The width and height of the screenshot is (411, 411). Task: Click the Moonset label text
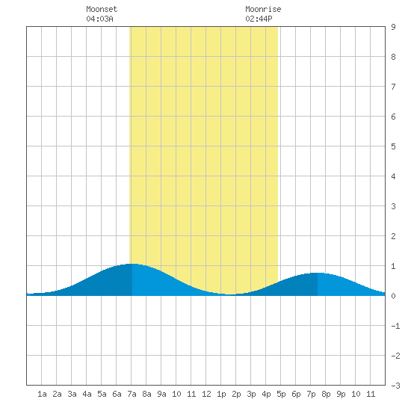tap(102, 9)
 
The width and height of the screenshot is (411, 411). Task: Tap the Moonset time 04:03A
tap(99, 19)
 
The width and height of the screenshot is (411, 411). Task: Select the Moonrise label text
tap(263, 9)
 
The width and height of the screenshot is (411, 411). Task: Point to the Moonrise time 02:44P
tap(259, 19)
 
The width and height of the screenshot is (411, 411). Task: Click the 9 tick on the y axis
tap(393, 27)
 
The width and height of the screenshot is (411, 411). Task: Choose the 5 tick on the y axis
tap(393, 146)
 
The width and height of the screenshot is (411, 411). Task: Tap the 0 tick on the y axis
tap(393, 296)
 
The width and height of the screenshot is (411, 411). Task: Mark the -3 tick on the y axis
tap(395, 386)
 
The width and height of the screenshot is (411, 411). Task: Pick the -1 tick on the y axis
tap(395, 326)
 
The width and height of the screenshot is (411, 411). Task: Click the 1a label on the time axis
tap(42, 394)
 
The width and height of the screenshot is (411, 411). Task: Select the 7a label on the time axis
tap(132, 394)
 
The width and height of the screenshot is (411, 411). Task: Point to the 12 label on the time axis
tap(206, 394)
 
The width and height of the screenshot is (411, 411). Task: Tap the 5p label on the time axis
tap(281, 394)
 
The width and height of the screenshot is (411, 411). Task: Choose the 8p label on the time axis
tap(326, 394)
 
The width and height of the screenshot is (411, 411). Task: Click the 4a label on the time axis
tap(87, 394)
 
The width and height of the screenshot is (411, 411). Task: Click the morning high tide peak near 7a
tap(132, 264)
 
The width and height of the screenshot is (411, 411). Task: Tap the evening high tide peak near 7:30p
tap(318, 273)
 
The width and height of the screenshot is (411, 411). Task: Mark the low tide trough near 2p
tap(231, 294)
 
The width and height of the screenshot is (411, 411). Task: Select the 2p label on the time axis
tap(236, 394)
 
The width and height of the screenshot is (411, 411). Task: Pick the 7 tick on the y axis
tap(393, 87)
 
